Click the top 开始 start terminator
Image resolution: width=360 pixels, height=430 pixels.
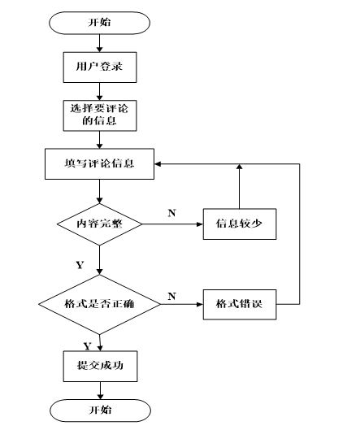coord(99,23)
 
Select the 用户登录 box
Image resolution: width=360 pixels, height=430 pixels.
coord(100,67)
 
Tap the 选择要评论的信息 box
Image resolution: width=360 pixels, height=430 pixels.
coord(100,115)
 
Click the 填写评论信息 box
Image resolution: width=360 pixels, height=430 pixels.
coord(99,164)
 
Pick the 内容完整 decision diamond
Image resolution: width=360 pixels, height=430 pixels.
coord(99,224)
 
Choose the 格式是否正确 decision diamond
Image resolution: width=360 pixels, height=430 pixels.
coord(99,304)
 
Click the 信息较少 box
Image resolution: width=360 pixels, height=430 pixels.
coord(240,224)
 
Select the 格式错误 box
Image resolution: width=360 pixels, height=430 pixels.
coord(240,304)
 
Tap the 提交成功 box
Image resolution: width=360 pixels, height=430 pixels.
coord(100,366)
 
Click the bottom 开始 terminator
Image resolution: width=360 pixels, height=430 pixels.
coord(100,410)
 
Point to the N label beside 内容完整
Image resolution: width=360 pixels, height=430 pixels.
coord(172,213)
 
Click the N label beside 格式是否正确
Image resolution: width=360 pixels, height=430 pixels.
coord(172,296)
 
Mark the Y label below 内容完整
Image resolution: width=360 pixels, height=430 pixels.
coord(80,265)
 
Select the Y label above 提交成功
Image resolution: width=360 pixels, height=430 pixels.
coord(87,346)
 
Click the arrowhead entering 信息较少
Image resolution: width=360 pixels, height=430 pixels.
coord(200,224)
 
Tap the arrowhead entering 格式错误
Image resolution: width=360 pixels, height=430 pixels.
coord(200,304)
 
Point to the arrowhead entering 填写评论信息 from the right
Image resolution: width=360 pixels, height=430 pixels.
coord(158,164)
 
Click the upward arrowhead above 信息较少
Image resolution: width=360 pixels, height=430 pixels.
coord(240,167)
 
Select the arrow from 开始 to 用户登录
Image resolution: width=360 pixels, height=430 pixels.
coord(99,43)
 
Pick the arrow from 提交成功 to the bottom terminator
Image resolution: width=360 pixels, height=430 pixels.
coord(100,390)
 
